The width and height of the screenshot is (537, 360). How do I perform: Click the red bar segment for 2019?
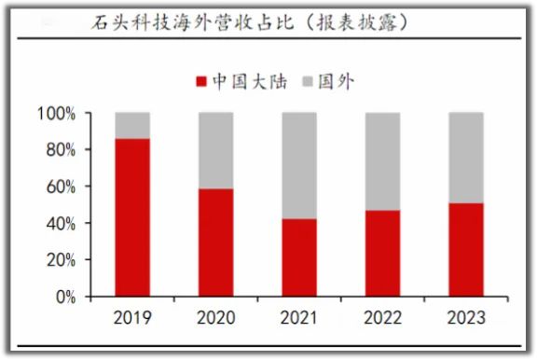coord(132,217)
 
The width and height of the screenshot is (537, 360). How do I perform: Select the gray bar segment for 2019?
coord(132,125)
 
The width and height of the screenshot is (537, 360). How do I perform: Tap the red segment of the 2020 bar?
coord(216,242)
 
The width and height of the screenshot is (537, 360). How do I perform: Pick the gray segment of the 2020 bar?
coord(216,150)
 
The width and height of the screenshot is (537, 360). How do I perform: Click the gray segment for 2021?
coord(299,165)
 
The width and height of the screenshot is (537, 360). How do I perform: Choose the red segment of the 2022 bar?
coord(383,254)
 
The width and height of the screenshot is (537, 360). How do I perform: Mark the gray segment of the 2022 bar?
coord(383,161)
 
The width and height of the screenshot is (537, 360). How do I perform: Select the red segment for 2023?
coord(466,250)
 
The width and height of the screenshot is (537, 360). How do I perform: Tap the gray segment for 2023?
coord(466,158)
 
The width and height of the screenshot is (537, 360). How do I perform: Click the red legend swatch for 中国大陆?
coord(200,81)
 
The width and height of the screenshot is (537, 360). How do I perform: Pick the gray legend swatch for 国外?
coord(310,81)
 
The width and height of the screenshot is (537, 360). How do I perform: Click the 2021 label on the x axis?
coord(299,318)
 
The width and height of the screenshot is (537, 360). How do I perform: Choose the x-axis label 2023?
coord(466,318)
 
